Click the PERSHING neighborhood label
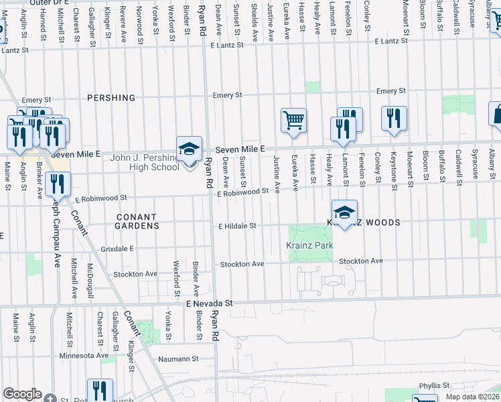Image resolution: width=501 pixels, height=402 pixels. pyautogui.click(x=111, y=98)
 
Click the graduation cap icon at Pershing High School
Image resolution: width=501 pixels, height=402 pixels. pyautogui.click(x=189, y=148)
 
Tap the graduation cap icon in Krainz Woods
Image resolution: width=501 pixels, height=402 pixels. pyautogui.click(x=344, y=212)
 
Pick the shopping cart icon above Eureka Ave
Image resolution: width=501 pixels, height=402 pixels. pyautogui.click(x=293, y=121)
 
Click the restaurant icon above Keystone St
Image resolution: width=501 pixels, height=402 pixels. pyautogui.click(x=394, y=118)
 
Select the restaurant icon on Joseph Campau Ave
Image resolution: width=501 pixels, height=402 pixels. pyautogui.click(x=58, y=183)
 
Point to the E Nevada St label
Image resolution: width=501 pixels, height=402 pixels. pyautogui.click(x=209, y=304)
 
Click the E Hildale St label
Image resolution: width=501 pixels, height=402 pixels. pyautogui.click(x=237, y=226)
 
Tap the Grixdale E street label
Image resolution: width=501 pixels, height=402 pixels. pyautogui.click(x=118, y=248)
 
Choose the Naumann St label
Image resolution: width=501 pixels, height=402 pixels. pyautogui.click(x=179, y=359)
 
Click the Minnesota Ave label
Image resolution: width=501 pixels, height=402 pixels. pyautogui.click(x=84, y=356)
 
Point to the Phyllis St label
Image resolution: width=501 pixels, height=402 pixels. pyautogui.click(x=435, y=385)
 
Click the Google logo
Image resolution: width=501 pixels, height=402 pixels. pyautogui.click(x=22, y=394)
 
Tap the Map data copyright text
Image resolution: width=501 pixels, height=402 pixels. pyautogui.click(x=472, y=397)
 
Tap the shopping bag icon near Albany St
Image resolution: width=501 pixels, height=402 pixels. pyautogui.click(x=496, y=114)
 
